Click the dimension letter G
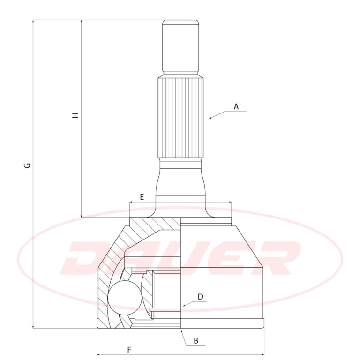point(27,165)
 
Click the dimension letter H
point(75,115)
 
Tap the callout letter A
point(236,106)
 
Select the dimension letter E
point(142,197)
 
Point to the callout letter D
point(201,297)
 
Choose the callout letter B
point(196,340)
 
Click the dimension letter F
point(129,350)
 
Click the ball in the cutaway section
point(125,298)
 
